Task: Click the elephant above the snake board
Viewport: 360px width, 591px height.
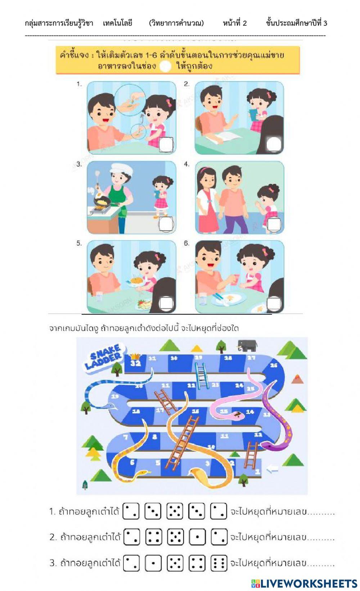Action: point(247,345)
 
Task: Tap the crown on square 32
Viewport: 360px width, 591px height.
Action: point(135,356)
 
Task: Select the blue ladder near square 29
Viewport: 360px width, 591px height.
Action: point(201,375)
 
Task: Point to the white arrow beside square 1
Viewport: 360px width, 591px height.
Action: point(273,469)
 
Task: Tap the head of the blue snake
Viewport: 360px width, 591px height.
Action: point(108,406)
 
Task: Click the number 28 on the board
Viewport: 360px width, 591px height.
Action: point(228,358)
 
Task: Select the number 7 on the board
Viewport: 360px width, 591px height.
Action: point(126,437)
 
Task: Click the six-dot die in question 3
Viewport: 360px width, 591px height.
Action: point(219,563)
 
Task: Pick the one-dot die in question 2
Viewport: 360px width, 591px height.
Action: point(197,537)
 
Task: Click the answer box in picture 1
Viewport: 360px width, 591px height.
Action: point(166,144)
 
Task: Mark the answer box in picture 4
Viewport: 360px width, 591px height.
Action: point(274,224)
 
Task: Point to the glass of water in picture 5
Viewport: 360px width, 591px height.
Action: point(99,297)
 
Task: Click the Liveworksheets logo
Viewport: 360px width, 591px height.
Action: point(304,583)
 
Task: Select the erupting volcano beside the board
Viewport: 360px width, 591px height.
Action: point(297,378)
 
